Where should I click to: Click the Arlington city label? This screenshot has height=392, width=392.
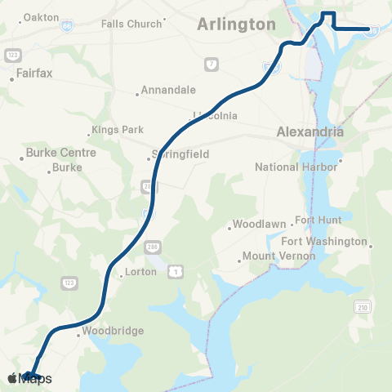point(236,24)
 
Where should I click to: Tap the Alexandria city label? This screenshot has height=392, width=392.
point(310,131)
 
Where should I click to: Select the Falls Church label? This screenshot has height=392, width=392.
point(131,24)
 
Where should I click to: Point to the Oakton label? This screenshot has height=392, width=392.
point(42,17)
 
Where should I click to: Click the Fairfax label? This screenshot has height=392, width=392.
point(35,73)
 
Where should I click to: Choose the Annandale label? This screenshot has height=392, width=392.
point(168,91)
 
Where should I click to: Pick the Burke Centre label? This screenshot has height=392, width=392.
point(60,153)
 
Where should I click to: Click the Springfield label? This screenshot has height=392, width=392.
point(181,154)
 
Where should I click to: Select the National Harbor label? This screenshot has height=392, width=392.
point(296,167)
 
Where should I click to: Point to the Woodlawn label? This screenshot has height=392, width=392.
point(258,224)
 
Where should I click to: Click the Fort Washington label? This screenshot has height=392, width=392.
point(324,242)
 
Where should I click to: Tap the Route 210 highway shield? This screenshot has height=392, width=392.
point(362,306)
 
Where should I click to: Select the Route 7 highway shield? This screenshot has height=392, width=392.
point(211,64)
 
